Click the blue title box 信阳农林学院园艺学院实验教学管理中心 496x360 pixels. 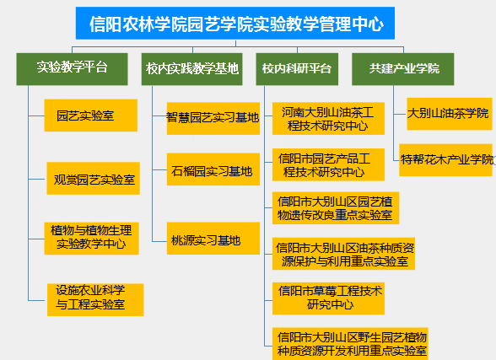point(235,24)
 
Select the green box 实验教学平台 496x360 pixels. point(73,69)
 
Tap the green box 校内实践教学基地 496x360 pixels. point(192,69)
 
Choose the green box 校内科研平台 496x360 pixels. point(297,69)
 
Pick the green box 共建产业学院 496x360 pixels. point(403,69)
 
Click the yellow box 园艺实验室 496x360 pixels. point(91,116)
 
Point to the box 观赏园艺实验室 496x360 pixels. point(94,178)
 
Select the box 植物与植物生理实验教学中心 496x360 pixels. point(91,239)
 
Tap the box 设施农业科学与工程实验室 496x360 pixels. point(95,299)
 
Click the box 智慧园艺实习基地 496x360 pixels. point(213,119)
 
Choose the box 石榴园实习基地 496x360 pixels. point(213,169)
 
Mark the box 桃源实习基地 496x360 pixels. point(213,239)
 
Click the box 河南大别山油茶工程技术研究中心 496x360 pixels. point(328,119)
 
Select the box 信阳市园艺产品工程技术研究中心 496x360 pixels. point(328,164)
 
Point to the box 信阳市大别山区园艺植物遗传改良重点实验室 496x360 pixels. point(336,208)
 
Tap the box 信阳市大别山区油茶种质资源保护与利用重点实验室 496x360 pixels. point(343,254)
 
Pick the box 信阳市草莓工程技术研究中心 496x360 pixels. point(328,298)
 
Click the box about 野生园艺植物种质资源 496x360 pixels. point(350,344)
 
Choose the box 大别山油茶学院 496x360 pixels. point(450,114)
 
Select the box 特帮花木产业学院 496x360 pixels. point(445,160)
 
